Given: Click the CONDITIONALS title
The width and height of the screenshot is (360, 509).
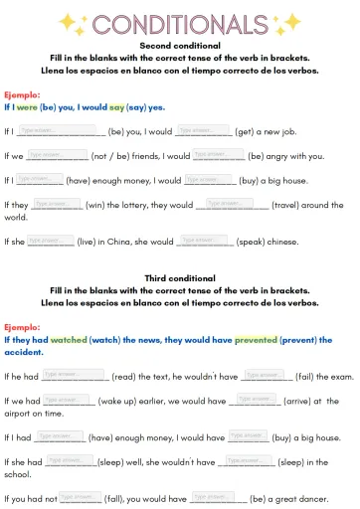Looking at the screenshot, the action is coord(179,22).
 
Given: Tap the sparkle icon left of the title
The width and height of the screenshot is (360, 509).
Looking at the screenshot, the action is coord(73,21).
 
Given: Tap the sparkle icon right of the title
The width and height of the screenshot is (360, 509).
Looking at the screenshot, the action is coord(287,21).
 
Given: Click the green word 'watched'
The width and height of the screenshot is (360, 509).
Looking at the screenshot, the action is coord(70,340).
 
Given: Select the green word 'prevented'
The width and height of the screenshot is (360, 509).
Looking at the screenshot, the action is coord(256,340).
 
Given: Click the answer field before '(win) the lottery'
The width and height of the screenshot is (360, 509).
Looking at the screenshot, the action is coord(58,204).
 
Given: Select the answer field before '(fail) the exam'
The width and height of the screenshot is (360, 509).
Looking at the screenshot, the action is coord(267,376).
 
